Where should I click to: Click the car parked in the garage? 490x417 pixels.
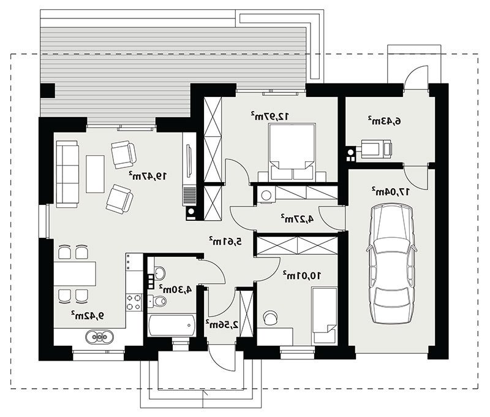(x=392, y=264)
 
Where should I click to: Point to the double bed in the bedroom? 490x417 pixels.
(x=292, y=151)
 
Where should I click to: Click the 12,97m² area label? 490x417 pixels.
(x=270, y=116)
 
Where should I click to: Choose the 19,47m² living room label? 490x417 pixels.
(x=148, y=176)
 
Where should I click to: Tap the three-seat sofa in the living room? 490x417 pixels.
(x=67, y=174)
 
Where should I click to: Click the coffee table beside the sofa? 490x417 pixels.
(x=95, y=174)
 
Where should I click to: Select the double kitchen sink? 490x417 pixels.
(x=99, y=337)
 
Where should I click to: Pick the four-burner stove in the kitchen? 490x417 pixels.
(x=134, y=302)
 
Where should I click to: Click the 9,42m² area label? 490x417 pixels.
(x=88, y=316)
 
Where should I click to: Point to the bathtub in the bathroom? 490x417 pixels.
(x=171, y=326)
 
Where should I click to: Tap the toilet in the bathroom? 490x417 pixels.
(x=157, y=301)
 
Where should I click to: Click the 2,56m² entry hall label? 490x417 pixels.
(x=222, y=324)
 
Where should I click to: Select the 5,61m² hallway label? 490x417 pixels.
(x=225, y=241)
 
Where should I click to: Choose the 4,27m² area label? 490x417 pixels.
(x=297, y=218)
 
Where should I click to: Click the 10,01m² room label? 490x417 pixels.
(x=302, y=275)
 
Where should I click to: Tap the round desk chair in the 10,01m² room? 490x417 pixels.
(x=270, y=318)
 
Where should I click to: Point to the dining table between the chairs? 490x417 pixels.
(x=75, y=274)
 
